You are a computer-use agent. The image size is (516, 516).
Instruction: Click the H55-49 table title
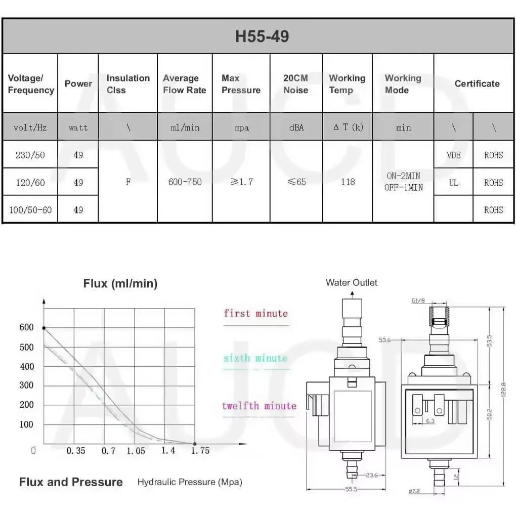tap(262, 36)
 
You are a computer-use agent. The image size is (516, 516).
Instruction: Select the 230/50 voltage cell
tap(30, 155)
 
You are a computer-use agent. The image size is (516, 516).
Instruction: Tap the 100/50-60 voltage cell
tap(30, 209)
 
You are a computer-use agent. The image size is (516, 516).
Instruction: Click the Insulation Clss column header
tap(127, 84)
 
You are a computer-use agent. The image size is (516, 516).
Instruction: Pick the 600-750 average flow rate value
tap(185, 182)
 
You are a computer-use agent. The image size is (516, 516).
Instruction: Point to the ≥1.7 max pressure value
tap(241, 182)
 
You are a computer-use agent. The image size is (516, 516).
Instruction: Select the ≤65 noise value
tap(296, 182)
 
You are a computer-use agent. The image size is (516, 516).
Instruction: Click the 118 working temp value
tap(348, 182)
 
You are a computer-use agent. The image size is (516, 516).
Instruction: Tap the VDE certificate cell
tap(453, 155)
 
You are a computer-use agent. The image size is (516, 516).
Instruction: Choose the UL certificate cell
tap(453, 182)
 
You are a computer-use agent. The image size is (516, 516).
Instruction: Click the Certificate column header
tap(477, 83)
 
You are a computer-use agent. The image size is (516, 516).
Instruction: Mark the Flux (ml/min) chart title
tap(120, 284)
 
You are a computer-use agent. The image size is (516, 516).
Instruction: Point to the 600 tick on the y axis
tap(27, 327)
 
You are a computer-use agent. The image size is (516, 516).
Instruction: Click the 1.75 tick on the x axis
tap(200, 450)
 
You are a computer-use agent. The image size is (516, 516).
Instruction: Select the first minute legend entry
tap(255, 314)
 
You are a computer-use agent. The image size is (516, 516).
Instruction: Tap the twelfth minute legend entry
tap(259, 406)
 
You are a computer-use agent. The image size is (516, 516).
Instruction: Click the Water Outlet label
tap(351, 283)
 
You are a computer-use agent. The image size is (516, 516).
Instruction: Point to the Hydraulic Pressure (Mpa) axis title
tap(190, 482)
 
